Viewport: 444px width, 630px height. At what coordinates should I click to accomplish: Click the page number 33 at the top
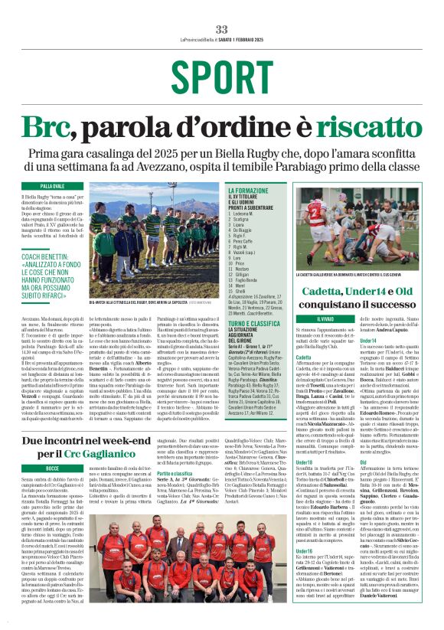[x=221, y=29]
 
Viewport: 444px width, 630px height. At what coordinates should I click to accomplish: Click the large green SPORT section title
[x=221, y=75]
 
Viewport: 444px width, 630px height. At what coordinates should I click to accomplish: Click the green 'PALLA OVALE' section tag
[x=53, y=186]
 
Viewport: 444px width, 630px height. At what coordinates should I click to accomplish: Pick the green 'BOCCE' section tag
[x=53, y=466]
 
